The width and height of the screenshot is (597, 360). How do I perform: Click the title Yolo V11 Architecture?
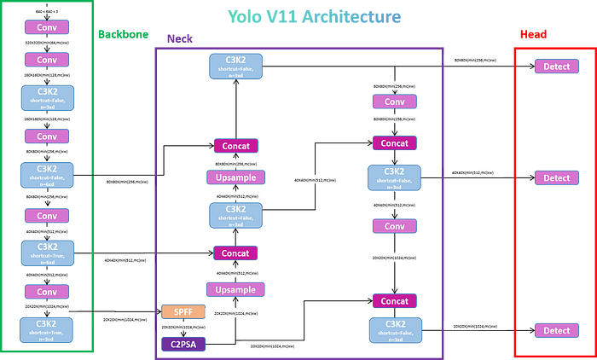(x=314, y=15)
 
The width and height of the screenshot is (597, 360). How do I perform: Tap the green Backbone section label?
(x=123, y=35)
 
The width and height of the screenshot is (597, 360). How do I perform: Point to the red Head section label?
(x=533, y=35)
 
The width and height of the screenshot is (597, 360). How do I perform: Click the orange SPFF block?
(x=183, y=311)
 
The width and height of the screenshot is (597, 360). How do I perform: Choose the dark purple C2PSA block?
(x=183, y=343)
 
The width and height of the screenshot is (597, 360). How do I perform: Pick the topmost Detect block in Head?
(x=556, y=66)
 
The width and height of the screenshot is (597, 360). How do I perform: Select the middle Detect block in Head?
(x=556, y=178)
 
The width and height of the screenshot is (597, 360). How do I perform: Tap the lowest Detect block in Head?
(x=556, y=330)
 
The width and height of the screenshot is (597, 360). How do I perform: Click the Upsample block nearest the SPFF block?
(x=235, y=290)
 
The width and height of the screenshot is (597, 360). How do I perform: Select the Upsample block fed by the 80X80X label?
(x=235, y=178)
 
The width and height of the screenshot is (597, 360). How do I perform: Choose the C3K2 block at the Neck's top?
(x=235, y=67)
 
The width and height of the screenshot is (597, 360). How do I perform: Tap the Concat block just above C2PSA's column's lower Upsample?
(x=235, y=253)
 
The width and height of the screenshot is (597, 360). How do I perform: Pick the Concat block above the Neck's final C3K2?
(x=393, y=301)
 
